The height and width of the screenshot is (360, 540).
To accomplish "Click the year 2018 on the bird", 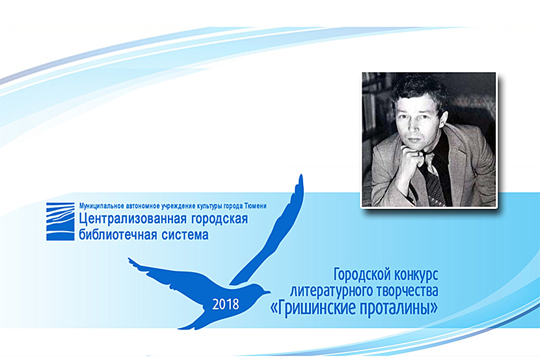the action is click(x=226, y=304).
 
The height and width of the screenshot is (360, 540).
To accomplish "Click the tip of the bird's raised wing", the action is click(x=301, y=176).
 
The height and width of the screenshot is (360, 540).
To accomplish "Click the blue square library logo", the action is click(x=61, y=221).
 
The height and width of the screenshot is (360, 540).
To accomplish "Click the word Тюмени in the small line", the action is click(x=255, y=206).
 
